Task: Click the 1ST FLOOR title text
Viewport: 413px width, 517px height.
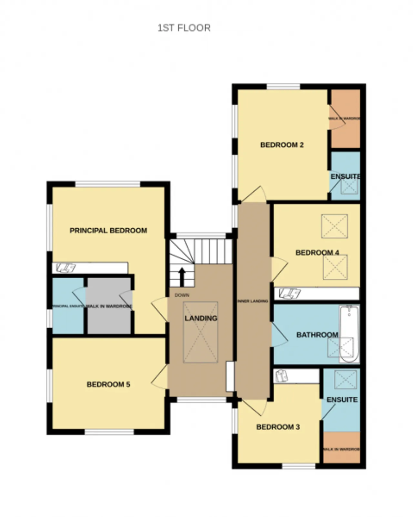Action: (x=184, y=28)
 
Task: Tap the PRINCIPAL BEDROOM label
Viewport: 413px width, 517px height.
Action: (x=108, y=231)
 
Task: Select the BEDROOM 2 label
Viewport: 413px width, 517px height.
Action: (x=282, y=145)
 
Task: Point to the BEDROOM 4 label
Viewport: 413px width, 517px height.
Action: (x=317, y=253)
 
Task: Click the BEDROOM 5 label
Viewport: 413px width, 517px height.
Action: (x=108, y=384)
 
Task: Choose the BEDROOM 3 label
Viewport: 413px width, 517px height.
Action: (x=278, y=427)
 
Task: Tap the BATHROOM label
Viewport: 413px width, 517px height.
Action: (x=317, y=335)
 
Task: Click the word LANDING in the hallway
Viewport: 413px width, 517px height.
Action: (x=201, y=318)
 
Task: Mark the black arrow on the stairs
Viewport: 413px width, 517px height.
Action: (x=182, y=276)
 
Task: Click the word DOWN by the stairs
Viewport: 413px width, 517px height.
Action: (x=182, y=295)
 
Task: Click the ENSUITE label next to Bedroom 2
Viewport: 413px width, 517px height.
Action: (x=345, y=176)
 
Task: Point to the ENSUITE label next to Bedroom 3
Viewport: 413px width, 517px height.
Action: (x=342, y=400)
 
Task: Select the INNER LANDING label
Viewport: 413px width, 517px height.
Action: (x=253, y=301)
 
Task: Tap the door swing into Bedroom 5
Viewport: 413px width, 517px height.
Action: (x=159, y=377)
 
